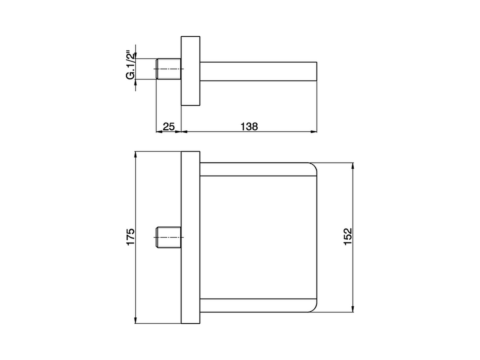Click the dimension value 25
click(x=169, y=126)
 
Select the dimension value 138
click(x=249, y=126)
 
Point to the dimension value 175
click(x=130, y=237)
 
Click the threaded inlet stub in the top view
click(x=168, y=69)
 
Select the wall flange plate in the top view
click(x=191, y=71)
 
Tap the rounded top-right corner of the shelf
click(x=313, y=168)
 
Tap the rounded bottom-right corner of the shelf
click(x=313, y=307)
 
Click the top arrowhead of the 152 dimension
click(x=352, y=165)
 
